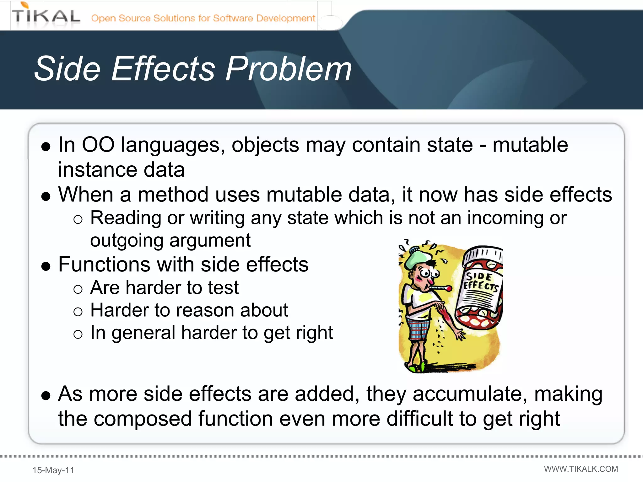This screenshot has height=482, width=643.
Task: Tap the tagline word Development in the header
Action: tap(285, 18)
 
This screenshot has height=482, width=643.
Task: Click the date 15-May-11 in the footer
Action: tap(53, 470)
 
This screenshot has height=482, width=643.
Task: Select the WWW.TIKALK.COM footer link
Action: tap(581, 469)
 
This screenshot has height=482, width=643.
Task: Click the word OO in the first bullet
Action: tap(98, 145)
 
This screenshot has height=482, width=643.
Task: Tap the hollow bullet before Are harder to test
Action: tap(78, 289)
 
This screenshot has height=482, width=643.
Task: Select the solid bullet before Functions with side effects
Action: tap(46, 266)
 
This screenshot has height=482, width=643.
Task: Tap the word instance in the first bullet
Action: tap(98, 170)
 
